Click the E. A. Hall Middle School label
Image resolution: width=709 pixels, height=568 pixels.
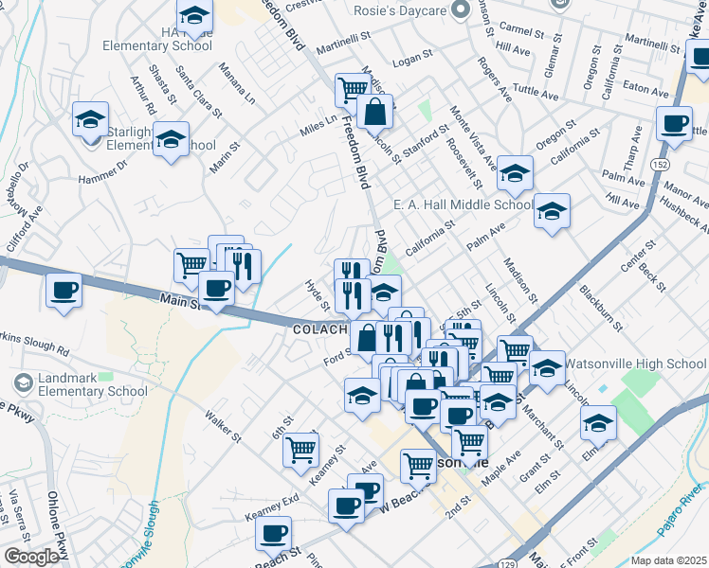[463, 204]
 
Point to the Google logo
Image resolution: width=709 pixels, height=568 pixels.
[31, 558]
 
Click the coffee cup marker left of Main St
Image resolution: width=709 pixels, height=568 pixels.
[64, 289]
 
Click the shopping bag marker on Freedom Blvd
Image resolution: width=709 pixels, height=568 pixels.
[375, 112]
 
